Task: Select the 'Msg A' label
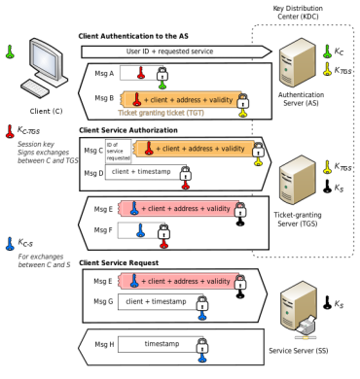pos(104,73)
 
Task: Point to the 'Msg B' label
pos(104,98)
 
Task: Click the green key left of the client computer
pos(10,51)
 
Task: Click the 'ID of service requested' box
pos(118,150)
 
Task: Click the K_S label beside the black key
pos(338,188)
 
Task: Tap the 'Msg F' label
pos(104,230)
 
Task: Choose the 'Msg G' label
pos(104,302)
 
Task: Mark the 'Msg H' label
pos(104,344)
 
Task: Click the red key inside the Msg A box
pos(140,71)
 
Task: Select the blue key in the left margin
pos(10,242)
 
